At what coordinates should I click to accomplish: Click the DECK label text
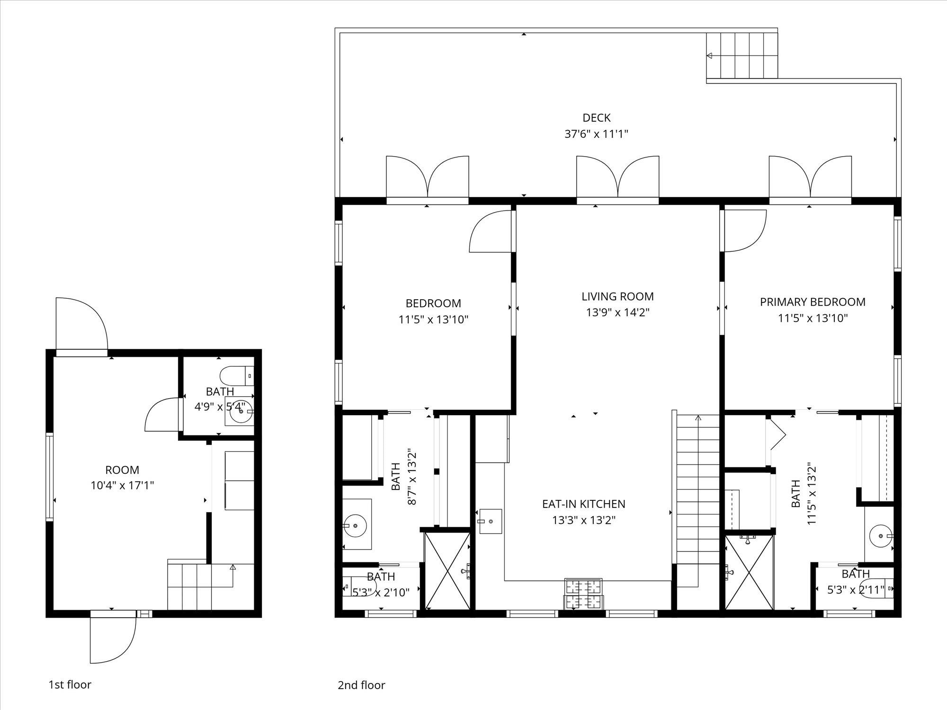point(596,117)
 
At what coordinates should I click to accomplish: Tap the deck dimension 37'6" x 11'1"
point(596,134)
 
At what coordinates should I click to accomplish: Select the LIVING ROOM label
point(617,296)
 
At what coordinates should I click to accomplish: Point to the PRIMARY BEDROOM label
point(813,302)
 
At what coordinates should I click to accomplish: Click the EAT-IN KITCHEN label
point(583,504)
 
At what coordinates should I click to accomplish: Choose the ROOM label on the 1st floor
point(122,470)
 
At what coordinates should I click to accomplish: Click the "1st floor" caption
point(70,684)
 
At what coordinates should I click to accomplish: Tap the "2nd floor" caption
point(361,685)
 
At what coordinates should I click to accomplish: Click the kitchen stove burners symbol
point(583,594)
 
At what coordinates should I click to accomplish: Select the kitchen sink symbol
point(491,521)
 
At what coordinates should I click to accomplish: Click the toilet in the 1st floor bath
point(237,376)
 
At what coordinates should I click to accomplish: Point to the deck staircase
point(742,55)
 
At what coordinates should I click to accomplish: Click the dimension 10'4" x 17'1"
point(122,486)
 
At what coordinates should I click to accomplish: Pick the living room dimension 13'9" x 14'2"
point(617,312)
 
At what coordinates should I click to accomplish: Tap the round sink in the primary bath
point(881,536)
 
